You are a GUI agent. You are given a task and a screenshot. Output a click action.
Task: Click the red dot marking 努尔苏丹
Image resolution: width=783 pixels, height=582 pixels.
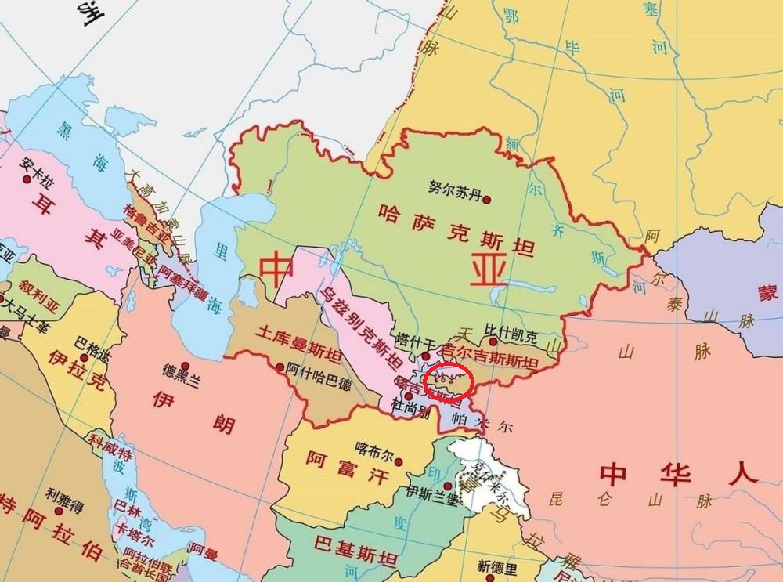point(487,200)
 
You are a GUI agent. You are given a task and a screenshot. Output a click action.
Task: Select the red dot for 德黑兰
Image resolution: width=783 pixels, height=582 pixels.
point(186,366)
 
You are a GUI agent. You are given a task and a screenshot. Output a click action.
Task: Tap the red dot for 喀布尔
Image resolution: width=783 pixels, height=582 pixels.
point(399,462)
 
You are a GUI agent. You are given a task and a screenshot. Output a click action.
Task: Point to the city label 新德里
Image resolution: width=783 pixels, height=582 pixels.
point(498,566)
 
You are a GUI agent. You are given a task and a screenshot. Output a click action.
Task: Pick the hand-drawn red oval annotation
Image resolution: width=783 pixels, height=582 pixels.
point(447,381)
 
